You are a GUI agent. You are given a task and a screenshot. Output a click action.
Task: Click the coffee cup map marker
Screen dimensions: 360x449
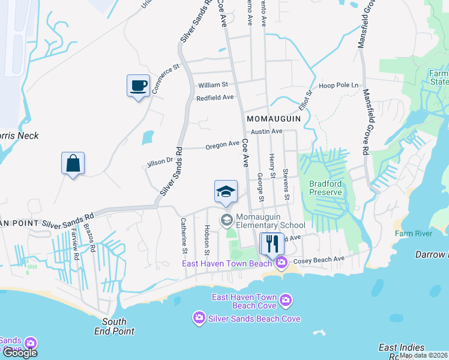point(138,85)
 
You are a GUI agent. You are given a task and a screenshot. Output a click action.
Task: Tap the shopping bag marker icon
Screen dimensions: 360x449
point(73,163)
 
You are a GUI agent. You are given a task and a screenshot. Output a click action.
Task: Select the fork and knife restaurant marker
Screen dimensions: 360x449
point(272,243)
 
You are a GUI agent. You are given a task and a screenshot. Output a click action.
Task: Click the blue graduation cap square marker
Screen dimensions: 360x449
point(226,191)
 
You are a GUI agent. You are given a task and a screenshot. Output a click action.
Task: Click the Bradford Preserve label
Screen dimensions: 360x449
point(325,188)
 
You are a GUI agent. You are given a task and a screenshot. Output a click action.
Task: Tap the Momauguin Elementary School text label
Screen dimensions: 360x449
point(271,220)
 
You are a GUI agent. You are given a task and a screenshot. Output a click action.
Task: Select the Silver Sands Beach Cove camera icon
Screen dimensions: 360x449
point(199,318)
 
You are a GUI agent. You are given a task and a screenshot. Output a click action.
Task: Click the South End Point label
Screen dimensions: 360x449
point(114,326)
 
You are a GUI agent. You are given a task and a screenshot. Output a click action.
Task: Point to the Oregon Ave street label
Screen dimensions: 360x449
point(222,145)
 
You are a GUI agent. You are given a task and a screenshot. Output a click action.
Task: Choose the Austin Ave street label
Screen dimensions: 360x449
point(267,131)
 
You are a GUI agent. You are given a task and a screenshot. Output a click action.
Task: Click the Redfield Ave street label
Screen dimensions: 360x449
point(215,97)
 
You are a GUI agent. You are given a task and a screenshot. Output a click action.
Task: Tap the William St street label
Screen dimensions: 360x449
point(214,85)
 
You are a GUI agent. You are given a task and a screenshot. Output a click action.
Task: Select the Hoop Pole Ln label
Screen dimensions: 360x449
point(339,85)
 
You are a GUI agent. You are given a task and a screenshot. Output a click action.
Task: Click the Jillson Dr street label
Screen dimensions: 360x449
point(160,161)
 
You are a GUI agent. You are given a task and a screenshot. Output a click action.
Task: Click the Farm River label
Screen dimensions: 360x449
point(411,233)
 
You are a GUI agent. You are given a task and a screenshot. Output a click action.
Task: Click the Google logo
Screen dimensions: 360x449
point(20,352)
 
